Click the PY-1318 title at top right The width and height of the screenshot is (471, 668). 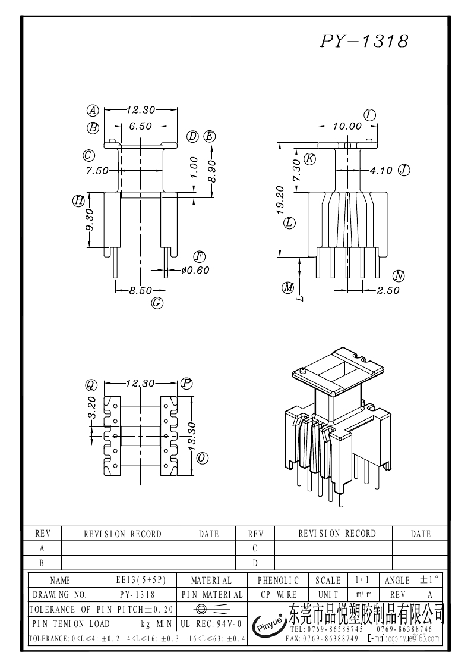coord(365,41)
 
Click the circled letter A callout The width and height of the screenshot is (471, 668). coord(93,110)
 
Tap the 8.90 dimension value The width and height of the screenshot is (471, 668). coord(212,171)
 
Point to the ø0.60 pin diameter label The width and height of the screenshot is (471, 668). coord(195,270)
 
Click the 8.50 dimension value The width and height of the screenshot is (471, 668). coord(141,291)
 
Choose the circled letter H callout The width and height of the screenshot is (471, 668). coord(78,200)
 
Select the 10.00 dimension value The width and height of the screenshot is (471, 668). coord(347,126)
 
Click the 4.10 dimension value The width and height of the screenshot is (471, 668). coord(381,171)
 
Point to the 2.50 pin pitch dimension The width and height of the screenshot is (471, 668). coord(388,291)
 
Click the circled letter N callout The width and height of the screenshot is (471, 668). coord(399,275)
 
